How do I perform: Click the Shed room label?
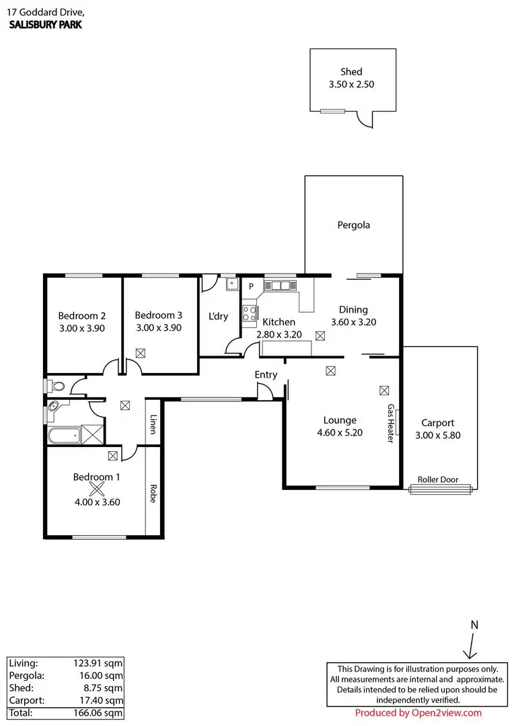351,72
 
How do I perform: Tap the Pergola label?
354,225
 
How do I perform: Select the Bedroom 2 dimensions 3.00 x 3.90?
81,328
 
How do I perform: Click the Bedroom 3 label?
158,315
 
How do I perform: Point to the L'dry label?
218,316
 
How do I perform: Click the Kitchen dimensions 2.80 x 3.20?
279,334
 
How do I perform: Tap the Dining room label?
353,310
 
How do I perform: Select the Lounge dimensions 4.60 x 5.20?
340,433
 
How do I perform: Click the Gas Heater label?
390,424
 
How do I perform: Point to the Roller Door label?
438,480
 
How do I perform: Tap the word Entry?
266,374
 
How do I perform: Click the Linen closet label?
153,424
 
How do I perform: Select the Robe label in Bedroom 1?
153,494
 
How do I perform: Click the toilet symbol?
57,387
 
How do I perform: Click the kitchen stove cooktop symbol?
250,313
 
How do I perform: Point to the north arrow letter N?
474,624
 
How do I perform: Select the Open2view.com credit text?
418,713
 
